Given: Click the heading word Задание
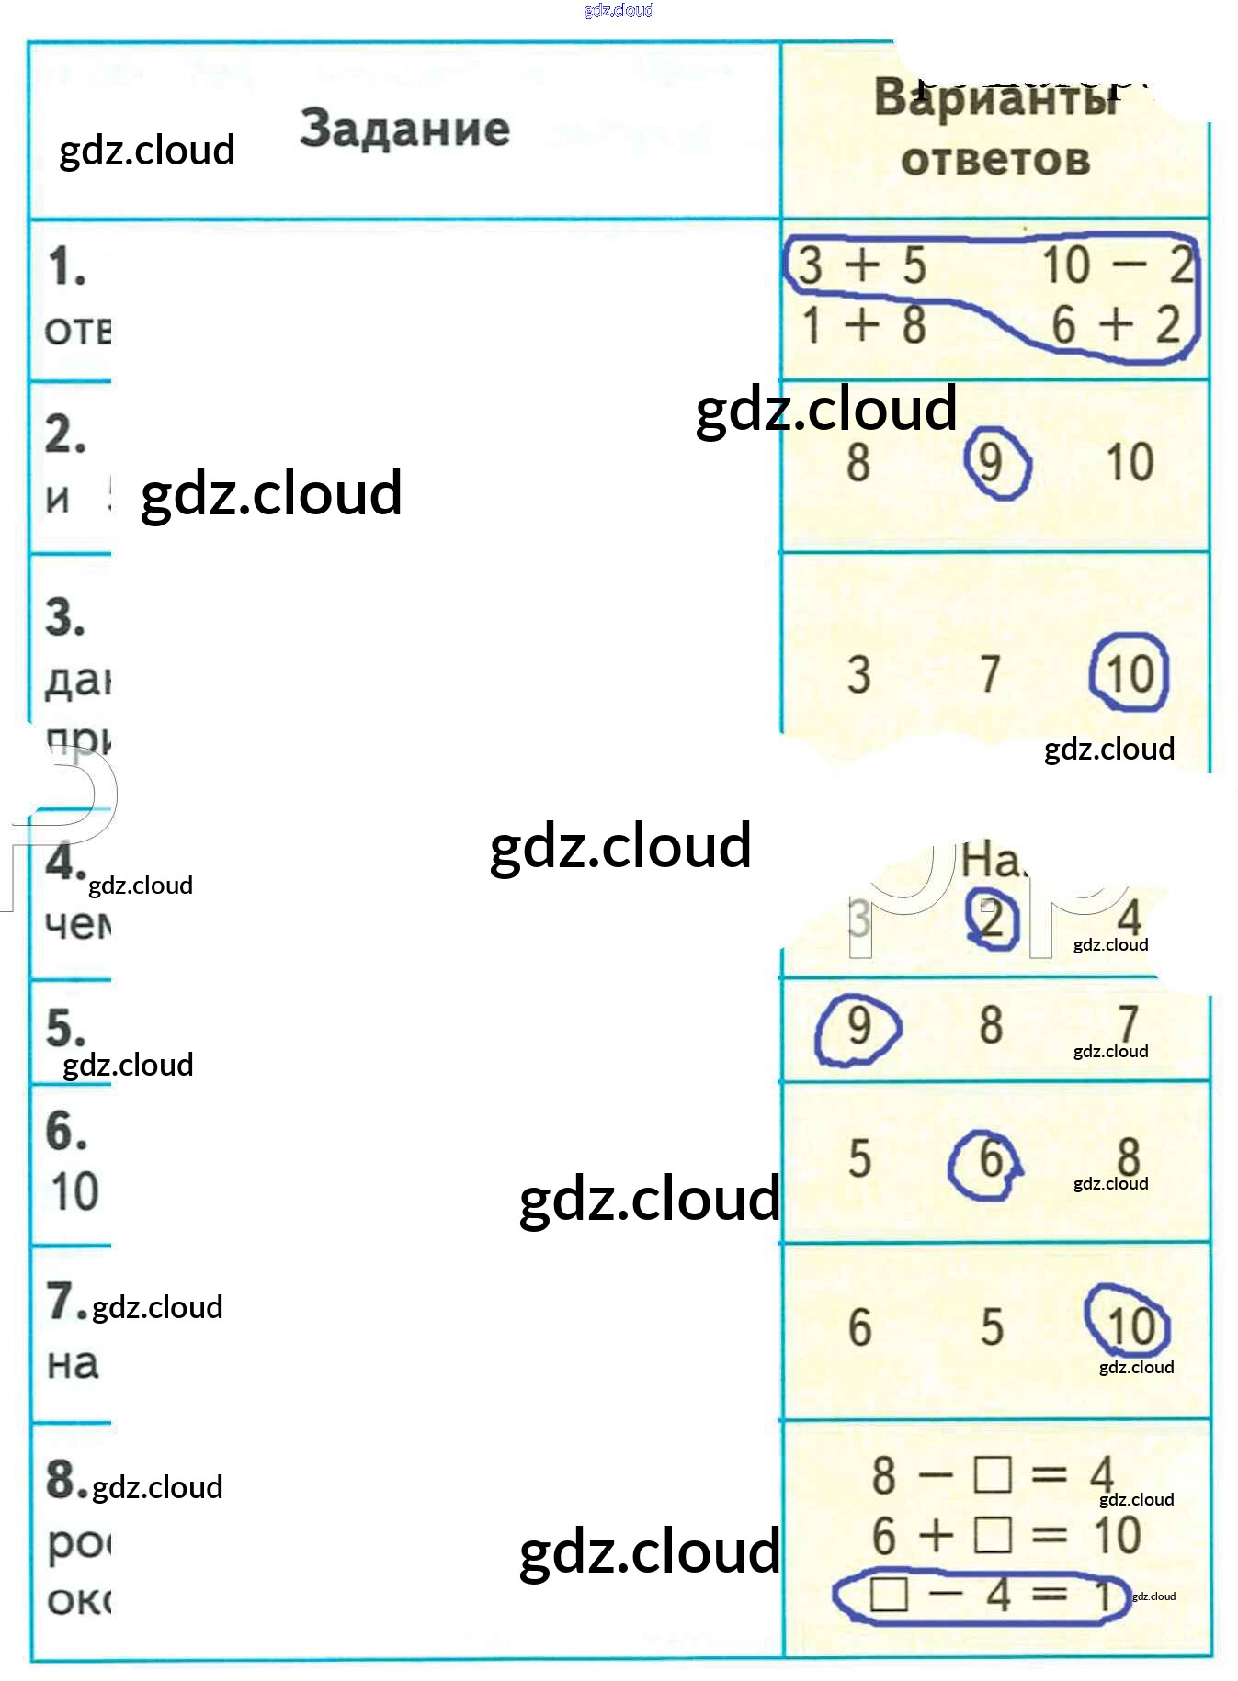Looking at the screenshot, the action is (404, 129).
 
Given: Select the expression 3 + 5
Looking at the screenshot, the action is (861, 265).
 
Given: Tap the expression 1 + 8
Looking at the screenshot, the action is (862, 325).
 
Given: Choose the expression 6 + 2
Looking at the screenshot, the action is (1115, 324).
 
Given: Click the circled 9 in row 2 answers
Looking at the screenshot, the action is (992, 462).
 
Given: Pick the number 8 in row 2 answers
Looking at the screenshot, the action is (858, 462).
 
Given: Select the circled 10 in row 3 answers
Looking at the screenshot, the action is (1130, 674).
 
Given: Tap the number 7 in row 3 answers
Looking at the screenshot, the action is (990, 674).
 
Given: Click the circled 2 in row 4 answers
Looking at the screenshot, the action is (992, 919).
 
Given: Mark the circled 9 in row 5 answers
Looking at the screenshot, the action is (858, 1025).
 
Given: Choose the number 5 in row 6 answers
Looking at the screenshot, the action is (859, 1159).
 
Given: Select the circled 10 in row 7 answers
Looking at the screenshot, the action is (1130, 1326).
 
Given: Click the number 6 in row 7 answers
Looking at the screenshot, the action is (859, 1327).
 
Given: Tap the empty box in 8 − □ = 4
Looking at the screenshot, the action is (992, 1475).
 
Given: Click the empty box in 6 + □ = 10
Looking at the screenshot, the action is (992, 1535).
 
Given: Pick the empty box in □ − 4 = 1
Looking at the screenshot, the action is (889, 1594).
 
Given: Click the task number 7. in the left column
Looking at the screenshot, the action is (66, 1302).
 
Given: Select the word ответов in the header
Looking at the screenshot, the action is (995, 160).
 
